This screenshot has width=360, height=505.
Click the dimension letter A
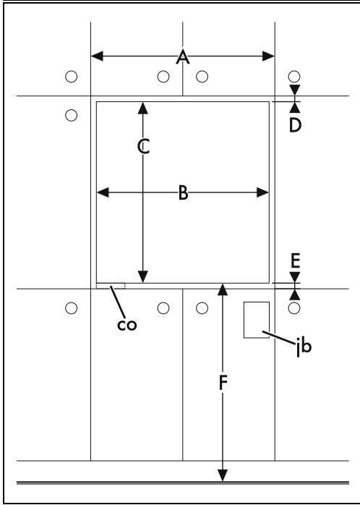tap(183, 57)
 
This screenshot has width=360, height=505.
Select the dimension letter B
tap(183, 193)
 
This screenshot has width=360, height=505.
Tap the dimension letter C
tap(143, 147)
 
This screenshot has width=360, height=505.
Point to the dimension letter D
tap(295, 125)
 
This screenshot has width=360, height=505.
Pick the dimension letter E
tap(295, 261)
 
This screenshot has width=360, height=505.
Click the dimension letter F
tap(223, 383)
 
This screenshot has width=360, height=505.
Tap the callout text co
tap(127, 325)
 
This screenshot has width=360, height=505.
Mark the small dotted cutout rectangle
tap(111, 284)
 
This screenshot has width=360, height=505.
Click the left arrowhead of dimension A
tap(97, 56)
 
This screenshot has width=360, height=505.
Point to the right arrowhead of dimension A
tap(268, 56)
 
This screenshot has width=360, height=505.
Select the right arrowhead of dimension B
tap(262, 192)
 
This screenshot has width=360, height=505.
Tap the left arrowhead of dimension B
tap(103, 192)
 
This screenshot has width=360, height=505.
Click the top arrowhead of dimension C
tap(143, 109)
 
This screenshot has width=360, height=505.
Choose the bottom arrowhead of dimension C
tap(143, 276)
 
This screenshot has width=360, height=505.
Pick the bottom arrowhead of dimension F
tap(223, 475)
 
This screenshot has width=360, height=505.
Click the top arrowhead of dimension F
tap(223, 289)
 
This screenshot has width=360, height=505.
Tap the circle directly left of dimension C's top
tap(71, 115)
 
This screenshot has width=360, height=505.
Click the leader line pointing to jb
tap(278, 338)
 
